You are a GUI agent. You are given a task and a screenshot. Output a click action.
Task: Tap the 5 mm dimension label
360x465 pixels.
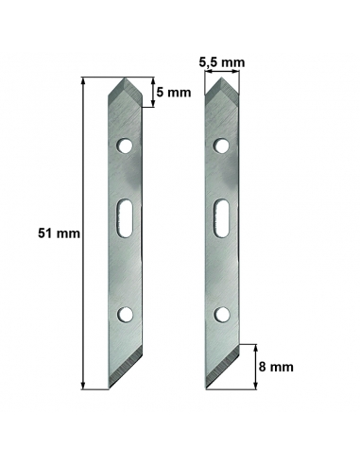tap(173, 94)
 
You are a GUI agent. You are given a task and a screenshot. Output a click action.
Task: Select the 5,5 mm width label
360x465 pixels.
tap(222, 62)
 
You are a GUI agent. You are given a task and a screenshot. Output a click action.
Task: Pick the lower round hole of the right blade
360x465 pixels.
tap(223, 313)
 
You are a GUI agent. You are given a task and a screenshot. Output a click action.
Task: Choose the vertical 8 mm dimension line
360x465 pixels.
tap(256, 364)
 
